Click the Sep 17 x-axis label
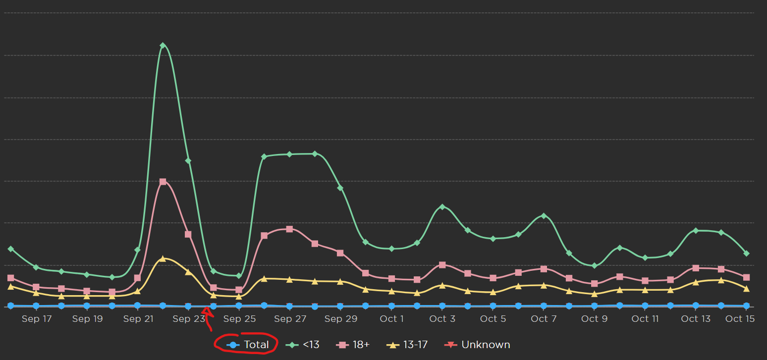click(37, 319)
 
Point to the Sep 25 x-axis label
click(239, 319)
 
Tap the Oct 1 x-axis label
click(391, 319)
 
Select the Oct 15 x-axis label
click(740, 319)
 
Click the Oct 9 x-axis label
click(594, 319)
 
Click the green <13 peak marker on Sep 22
click(163, 46)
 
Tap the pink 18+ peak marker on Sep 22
click(163, 182)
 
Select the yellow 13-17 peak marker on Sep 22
click(163, 258)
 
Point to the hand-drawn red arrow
click(208, 317)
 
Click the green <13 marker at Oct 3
click(442, 206)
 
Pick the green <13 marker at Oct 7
click(544, 216)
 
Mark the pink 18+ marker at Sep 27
click(289, 229)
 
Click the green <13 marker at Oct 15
click(746, 254)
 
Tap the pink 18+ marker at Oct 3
click(442, 265)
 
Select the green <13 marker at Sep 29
click(340, 188)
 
